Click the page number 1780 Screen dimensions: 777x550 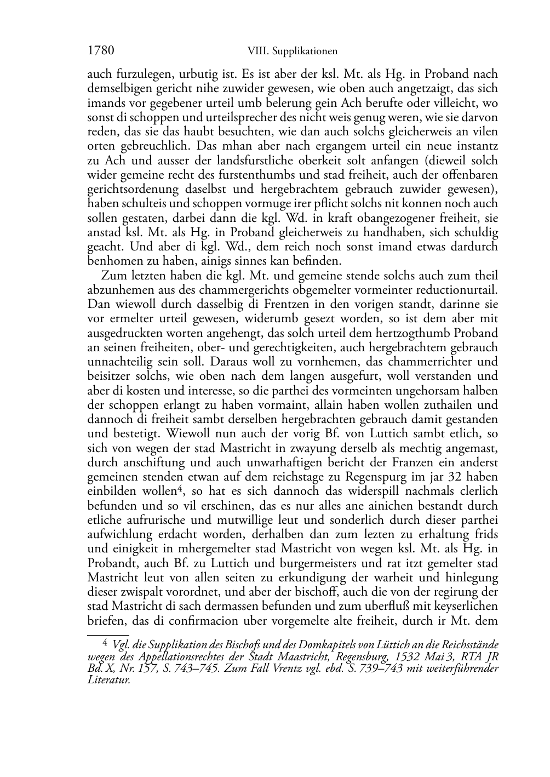pos(101,51)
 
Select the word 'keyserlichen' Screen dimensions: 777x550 pos(465,607)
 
